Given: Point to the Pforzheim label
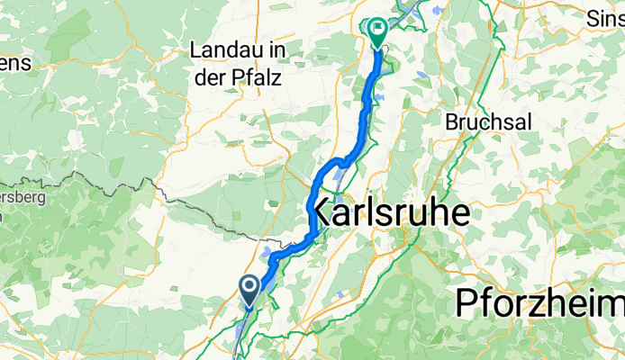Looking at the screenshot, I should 539,302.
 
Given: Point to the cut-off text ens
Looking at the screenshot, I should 15,63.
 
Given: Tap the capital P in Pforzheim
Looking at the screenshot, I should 466,302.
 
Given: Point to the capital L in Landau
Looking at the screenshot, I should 196,53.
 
